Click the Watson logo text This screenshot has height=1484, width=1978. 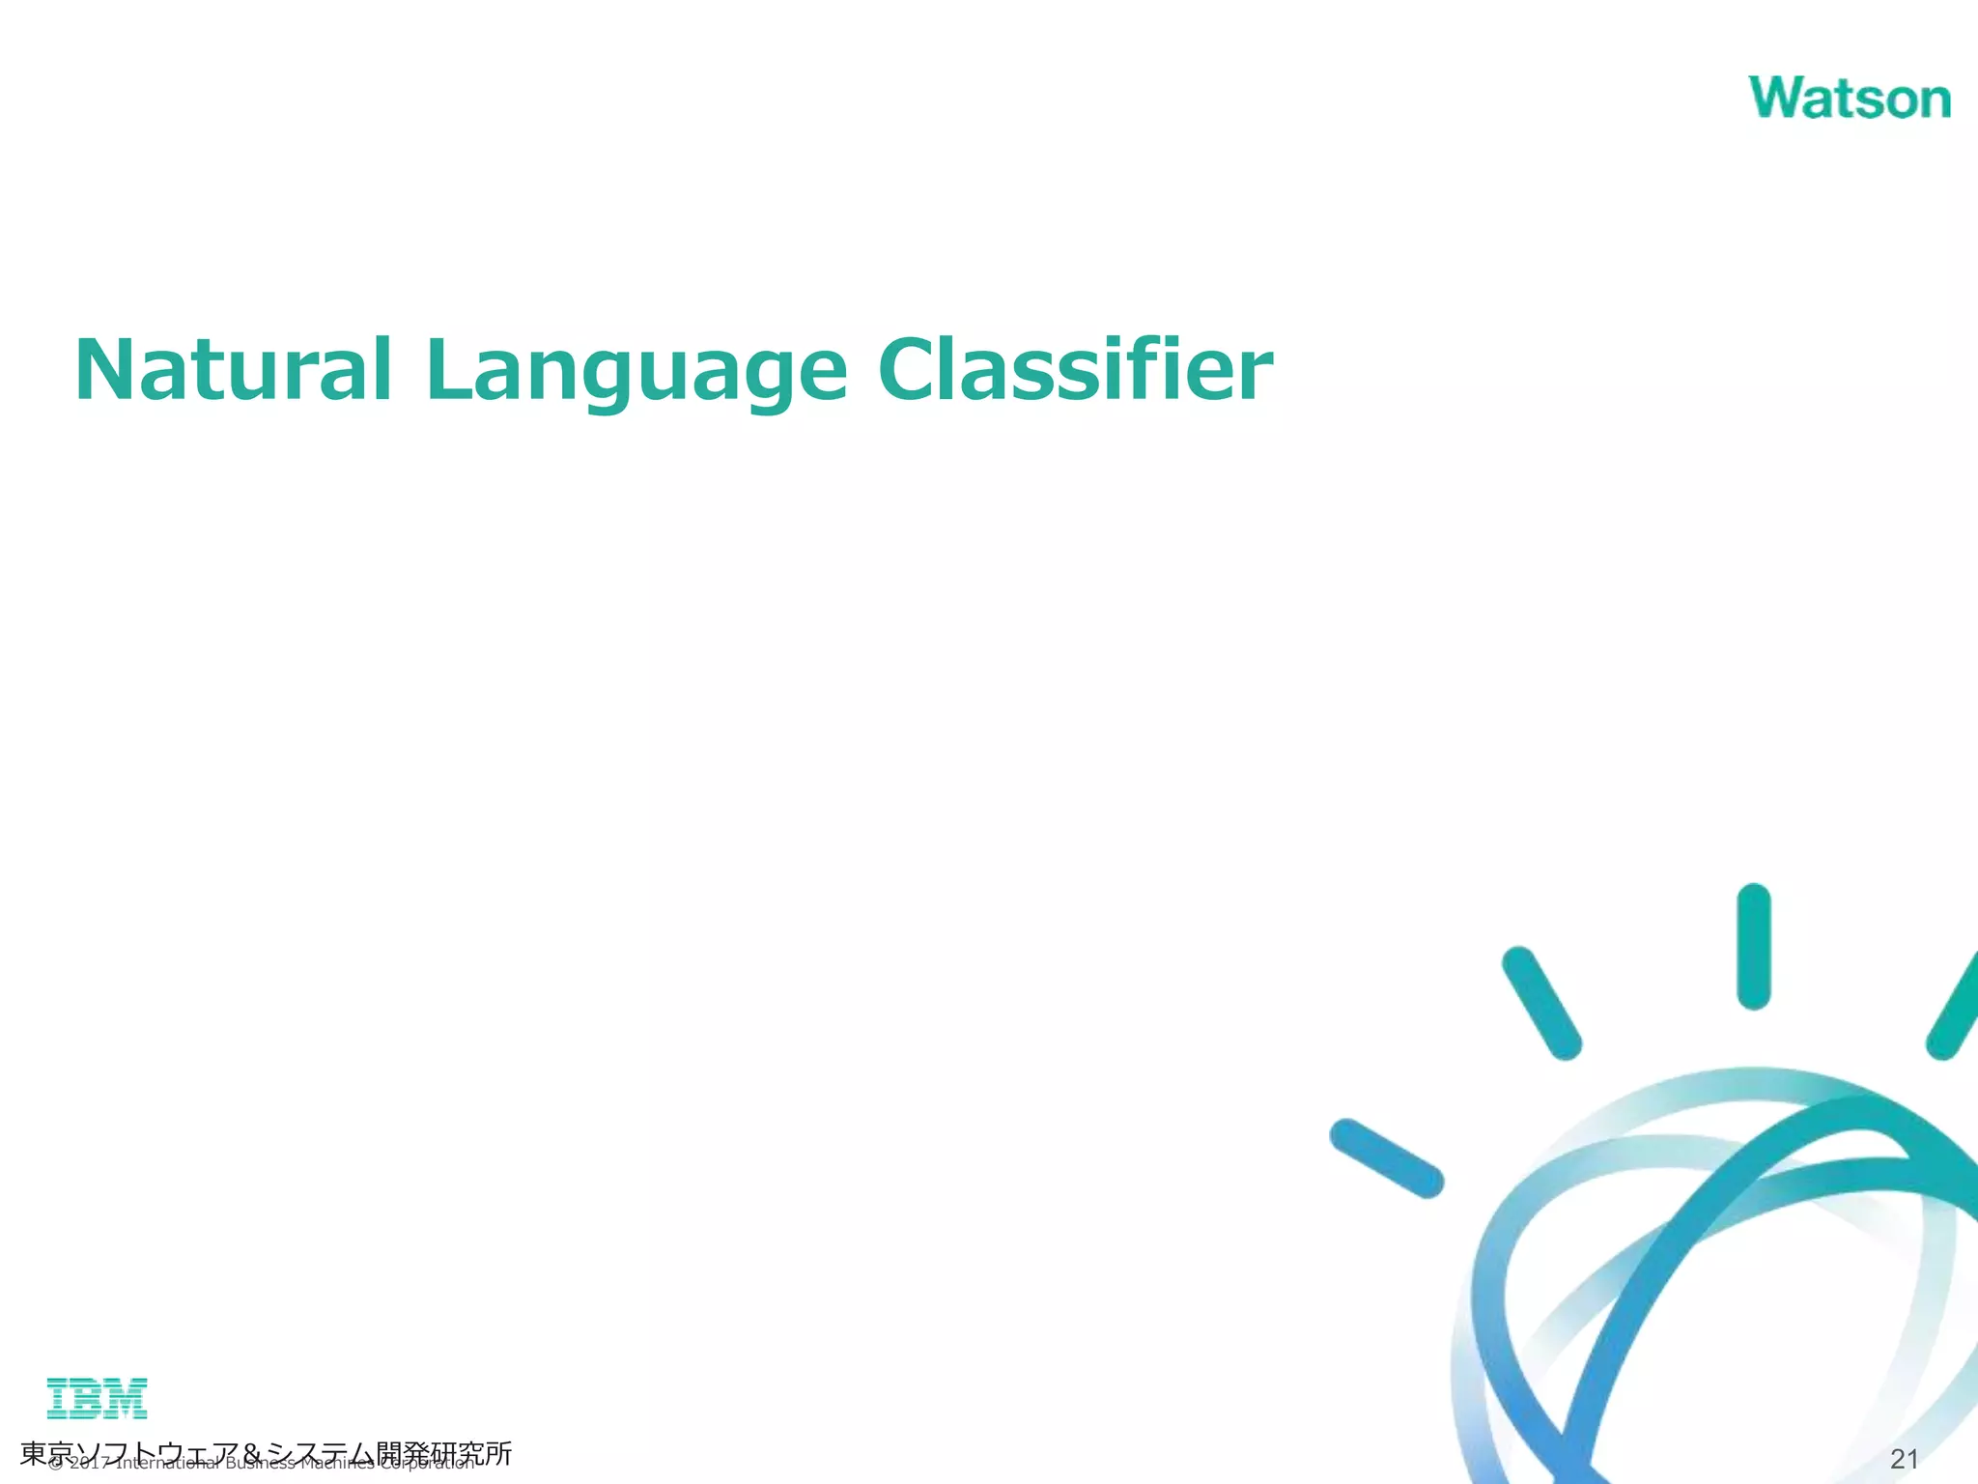click(1849, 99)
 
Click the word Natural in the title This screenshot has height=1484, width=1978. click(233, 371)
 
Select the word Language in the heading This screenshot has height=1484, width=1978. click(636, 373)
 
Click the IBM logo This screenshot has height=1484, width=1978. click(97, 1398)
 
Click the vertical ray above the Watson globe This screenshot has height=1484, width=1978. click(1753, 946)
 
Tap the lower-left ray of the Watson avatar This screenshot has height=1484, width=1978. click(1386, 1157)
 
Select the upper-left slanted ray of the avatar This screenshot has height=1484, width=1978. click(1540, 1002)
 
